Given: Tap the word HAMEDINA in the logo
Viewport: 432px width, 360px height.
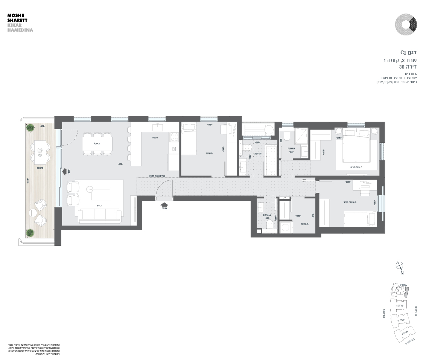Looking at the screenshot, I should (x=20, y=30).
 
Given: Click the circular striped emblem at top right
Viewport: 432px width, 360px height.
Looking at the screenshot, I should (x=406, y=24).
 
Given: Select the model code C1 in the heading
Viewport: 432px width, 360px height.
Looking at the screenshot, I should (x=403, y=52).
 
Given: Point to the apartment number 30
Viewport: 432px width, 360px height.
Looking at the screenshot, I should (x=402, y=67).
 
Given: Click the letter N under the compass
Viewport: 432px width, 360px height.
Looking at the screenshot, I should (x=402, y=273).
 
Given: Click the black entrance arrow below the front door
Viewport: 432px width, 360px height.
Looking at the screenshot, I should (x=164, y=204).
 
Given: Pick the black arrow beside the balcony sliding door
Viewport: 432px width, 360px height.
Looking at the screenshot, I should (x=65, y=171).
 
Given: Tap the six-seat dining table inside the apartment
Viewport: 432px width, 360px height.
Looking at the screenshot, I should (x=97, y=143).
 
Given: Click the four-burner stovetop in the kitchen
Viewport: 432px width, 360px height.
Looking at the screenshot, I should (x=174, y=137).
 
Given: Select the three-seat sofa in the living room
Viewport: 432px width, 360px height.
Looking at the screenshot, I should (x=99, y=215).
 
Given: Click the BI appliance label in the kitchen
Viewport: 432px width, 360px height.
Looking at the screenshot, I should (x=174, y=149).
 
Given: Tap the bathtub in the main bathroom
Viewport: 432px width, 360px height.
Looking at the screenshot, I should (x=271, y=160).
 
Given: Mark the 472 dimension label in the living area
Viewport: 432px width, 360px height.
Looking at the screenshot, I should (x=121, y=164).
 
